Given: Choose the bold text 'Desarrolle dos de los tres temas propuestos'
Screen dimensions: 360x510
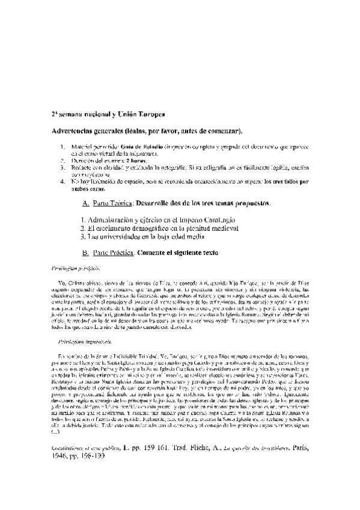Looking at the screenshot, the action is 204,203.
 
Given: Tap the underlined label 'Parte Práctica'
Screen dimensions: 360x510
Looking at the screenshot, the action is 114,254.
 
